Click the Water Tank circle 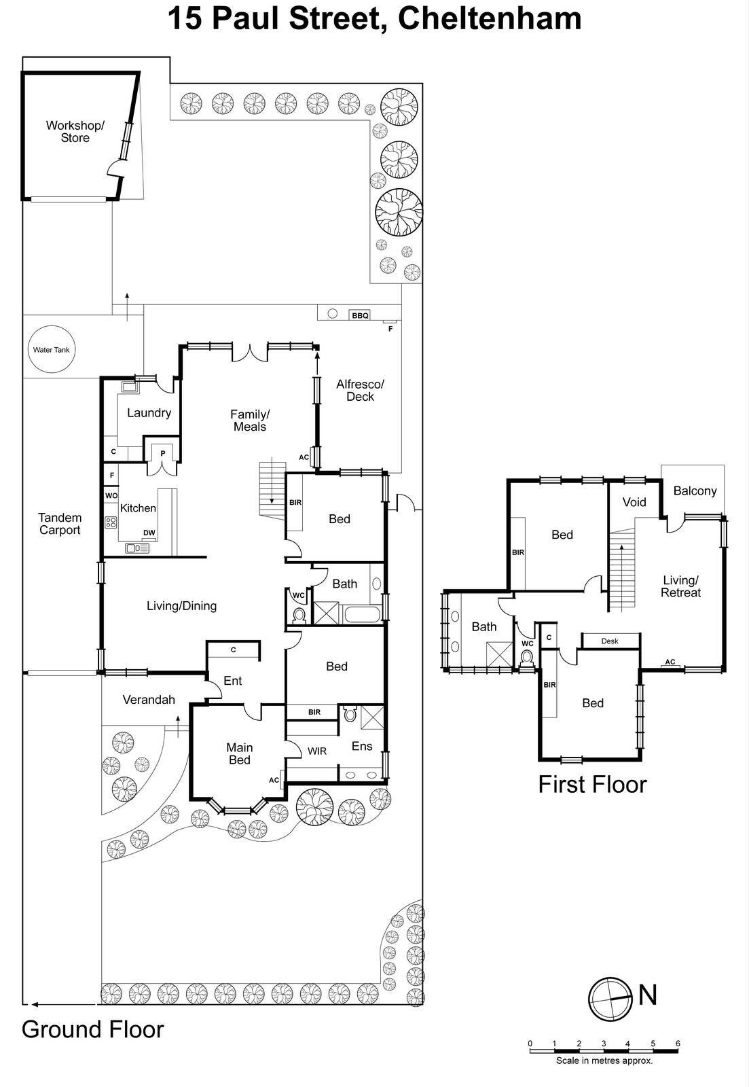pyautogui.click(x=52, y=350)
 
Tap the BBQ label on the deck pyautogui.click(x=360, y=315)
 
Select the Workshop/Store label pyautogui.click(x=75, y=132)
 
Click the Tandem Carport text pyautogui.click(x=60, y=524)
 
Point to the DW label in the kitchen pyautogui.click(x=149, y=533)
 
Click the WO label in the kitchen pyautogui.click(x=111, y=496)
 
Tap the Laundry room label pyautogui.click(x=149, y=412)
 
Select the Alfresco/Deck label pyautogui.click(x=360, y=390)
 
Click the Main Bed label pyautogui.click(x=239, y=753)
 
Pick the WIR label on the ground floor pyautogui.click(x=317, y=751)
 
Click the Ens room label pyautogui.click(x=362, y=746)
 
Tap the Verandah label pyautogui.click(x=149, y=699)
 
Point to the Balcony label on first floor pyautogui.click(x=695, y=491)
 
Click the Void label pyautogui.click(x=634, y=502)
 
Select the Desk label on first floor pyautogui.click(x=610, y=641)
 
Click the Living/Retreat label pyautogui.click(x=680, y=586)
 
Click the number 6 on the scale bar pyautogui.click(x=677, y=1044)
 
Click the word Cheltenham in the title pyautogui.click(x=490, y=19)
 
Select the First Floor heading pyautogui.click(x=592, y=784)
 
